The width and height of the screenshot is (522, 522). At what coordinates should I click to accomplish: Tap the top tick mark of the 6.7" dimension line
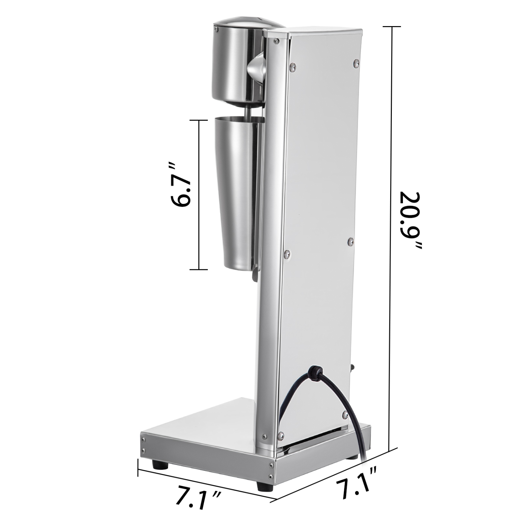tap(199, 120)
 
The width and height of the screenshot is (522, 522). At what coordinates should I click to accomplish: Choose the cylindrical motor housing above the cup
tap(235, 64)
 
